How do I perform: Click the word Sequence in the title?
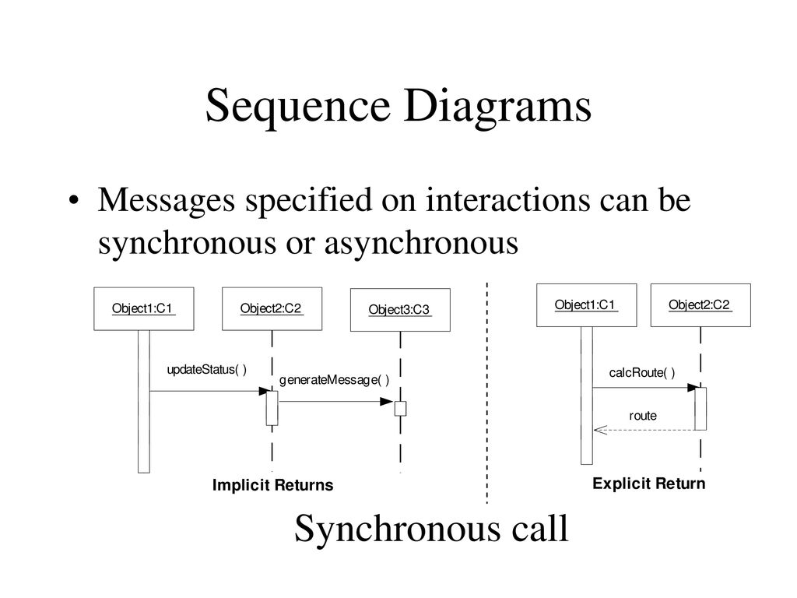coord(298,107)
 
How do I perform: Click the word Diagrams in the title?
coord(498,106)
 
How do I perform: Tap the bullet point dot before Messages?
coord(74,200)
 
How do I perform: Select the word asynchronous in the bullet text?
coord(421,243)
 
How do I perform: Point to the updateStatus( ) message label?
coord(207,370)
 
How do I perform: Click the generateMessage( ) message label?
coord(335,380)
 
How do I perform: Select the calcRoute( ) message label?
coord(642,373)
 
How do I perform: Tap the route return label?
coord(643,416)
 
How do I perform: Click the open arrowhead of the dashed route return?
coord(600,430)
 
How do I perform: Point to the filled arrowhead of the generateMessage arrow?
coord(387,402)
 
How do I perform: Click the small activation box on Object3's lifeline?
coord(401,408)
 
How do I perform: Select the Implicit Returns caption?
coord(273,485)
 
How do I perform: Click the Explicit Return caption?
coord(649,484)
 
